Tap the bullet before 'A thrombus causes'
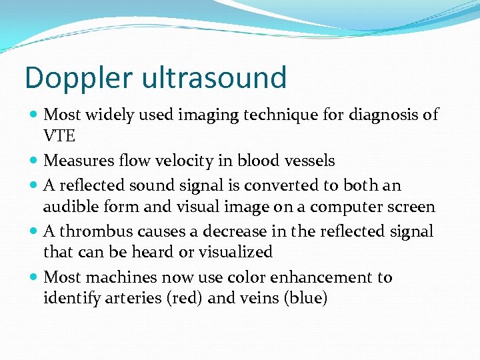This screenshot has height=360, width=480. point(34,231)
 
